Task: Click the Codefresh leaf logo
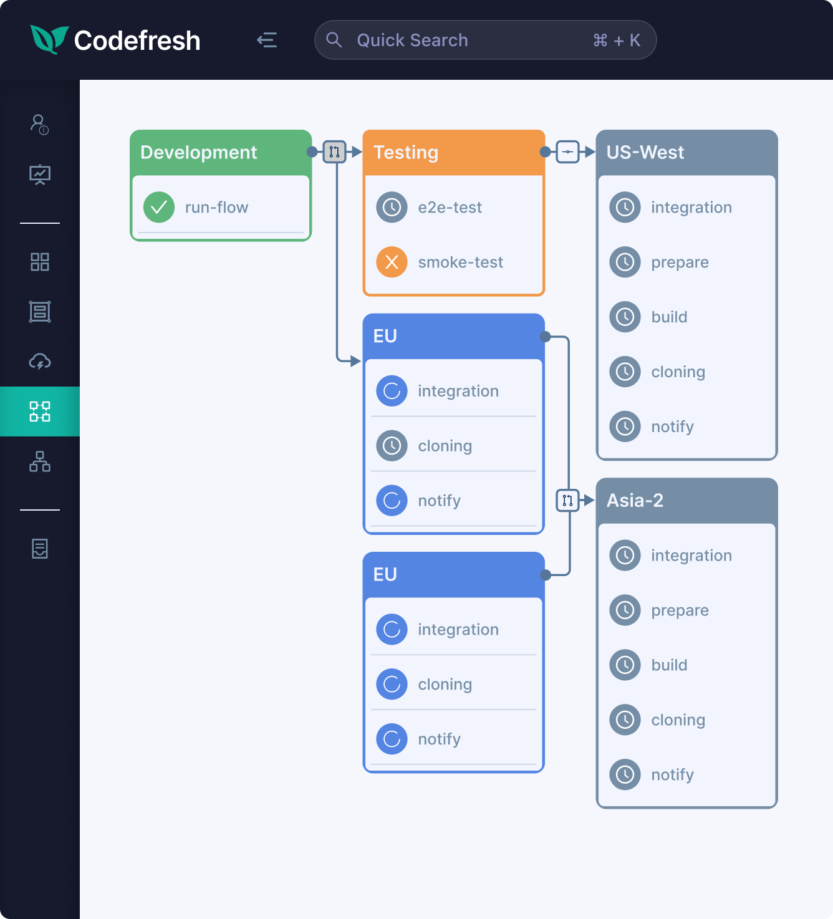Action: (49, 40)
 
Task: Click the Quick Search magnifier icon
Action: (334, 40)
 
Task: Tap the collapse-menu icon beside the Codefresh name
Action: (267, 40)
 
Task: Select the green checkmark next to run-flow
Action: (159, 207)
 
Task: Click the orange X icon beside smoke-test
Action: (392, 262)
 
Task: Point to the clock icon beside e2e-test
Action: (392, 207)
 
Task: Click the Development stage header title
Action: (198, 152)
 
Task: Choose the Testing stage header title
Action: (406, 152)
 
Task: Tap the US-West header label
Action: (645, 152)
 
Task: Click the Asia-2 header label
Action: (635, 500)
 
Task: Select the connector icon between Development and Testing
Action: (334, 152)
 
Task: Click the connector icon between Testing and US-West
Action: (568, 152)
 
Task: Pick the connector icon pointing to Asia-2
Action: (568, 500)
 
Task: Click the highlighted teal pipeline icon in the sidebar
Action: (40, 411)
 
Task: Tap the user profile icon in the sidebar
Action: (39, 125)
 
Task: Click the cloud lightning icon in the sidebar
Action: (40, 362)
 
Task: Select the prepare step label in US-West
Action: (680, 262)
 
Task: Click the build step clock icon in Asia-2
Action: (625, 665)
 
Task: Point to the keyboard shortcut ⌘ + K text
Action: (617, 41)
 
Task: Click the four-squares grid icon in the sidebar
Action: (40, 262)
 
